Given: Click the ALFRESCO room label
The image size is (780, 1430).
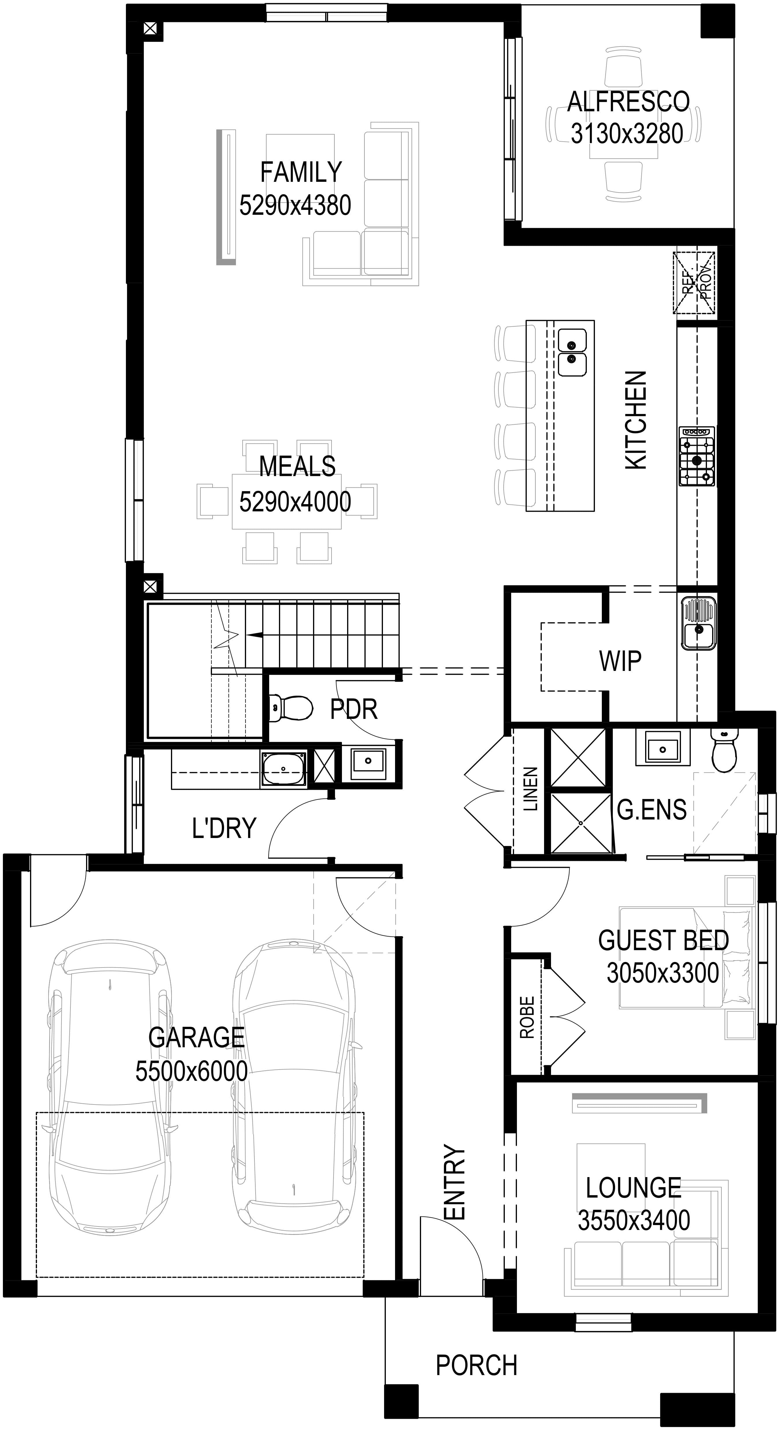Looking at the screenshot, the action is coord(628,101).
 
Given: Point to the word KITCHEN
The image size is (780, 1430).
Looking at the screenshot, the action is coord(636,420).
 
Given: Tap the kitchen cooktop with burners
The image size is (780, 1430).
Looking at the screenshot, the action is coord(697,456).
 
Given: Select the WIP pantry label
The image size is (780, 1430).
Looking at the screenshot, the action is coord(620,661).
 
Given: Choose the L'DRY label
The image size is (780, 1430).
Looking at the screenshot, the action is coord(224,828).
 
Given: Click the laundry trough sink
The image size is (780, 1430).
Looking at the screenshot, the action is coord(284,769).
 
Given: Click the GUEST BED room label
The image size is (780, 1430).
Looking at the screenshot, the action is coord(664,940).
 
